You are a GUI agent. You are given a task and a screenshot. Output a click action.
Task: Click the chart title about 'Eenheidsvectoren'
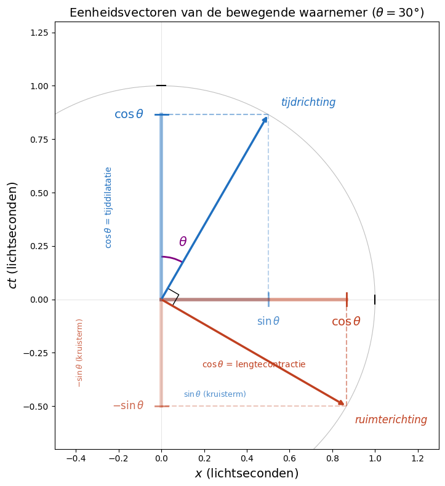click(246, 13)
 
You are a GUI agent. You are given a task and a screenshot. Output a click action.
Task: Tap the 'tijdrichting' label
click(308, 103)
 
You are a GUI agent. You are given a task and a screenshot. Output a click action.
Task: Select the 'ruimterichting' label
click(391, 420)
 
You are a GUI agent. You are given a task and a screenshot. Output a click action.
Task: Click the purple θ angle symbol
click(183, 242)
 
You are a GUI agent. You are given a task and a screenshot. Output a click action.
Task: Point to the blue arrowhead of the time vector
click(265, 119)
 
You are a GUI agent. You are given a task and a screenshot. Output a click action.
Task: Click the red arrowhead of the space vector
click(340, 403)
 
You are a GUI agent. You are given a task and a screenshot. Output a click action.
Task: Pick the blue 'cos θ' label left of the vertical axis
click(129, 114)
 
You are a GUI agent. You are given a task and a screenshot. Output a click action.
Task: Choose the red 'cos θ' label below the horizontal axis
click(346, 322)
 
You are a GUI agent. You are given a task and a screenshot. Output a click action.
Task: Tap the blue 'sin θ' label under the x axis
click(268, 321)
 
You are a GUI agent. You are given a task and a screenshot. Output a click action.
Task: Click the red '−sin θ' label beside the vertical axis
click(128, 406)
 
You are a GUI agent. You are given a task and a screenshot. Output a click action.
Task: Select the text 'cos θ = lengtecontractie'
click(254, 364)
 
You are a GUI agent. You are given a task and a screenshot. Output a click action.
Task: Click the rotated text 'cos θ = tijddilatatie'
click(108, 207)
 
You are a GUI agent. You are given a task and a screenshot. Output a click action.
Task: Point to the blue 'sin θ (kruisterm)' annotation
click(215, 394)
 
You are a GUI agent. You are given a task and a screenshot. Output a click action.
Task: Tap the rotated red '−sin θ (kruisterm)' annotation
click(79, 353)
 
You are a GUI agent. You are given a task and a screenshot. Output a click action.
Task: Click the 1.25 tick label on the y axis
click(39, 33)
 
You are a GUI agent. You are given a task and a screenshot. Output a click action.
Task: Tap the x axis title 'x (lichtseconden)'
click(246, 473)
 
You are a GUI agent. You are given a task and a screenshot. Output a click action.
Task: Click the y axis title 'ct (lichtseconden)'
click(12, 235)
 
